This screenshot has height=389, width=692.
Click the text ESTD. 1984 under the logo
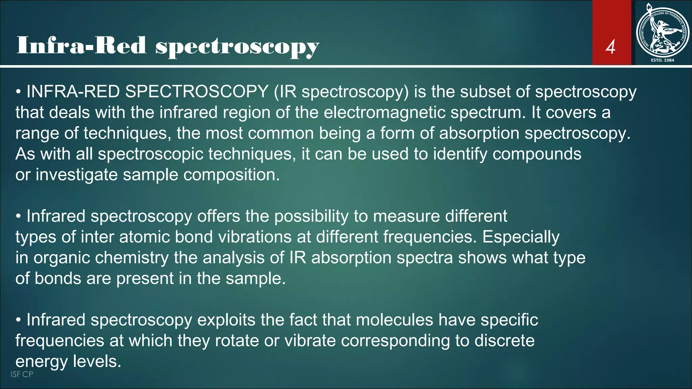point(662,60)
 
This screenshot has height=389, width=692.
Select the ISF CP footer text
point(22,374)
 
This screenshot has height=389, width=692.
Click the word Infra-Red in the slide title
point(81,46)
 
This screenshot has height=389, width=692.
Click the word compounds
point(537,154)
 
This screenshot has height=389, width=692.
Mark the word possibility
point(311,216)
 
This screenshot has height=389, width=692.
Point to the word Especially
point(521,237)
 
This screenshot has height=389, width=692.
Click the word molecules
point(394,320)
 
